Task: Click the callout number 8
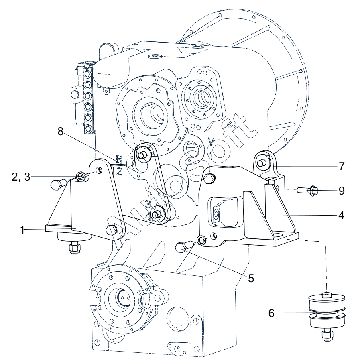tap(60, 132)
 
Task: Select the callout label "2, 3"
tap(21, 177)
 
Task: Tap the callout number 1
tap(22, 230)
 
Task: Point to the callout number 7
tap(341, 166)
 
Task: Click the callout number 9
tap(341, 191)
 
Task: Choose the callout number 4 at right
tap(341, 216)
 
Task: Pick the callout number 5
tap(251, 278)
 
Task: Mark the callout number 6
tap(271, 313)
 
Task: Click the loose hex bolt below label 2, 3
tap(58, 185)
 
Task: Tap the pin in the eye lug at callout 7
tap(261, 163)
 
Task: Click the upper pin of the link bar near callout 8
tap(141, 155)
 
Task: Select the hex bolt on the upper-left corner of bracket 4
tap(209, 178)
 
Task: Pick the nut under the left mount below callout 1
tap(74, 248)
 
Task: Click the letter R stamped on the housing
tap(119, 159)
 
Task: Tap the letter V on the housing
tap(211, 141)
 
